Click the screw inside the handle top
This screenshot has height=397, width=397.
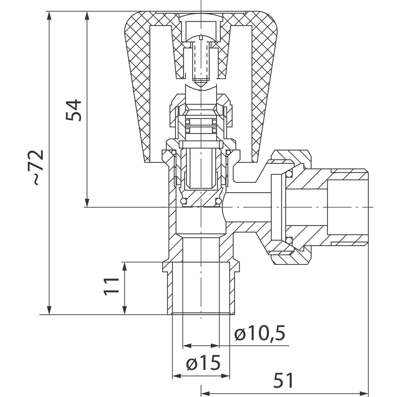[x=201, y=59]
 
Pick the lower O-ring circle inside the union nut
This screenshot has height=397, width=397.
[x=289, y=240]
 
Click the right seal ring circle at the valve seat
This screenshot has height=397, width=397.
[x=219, y=202]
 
